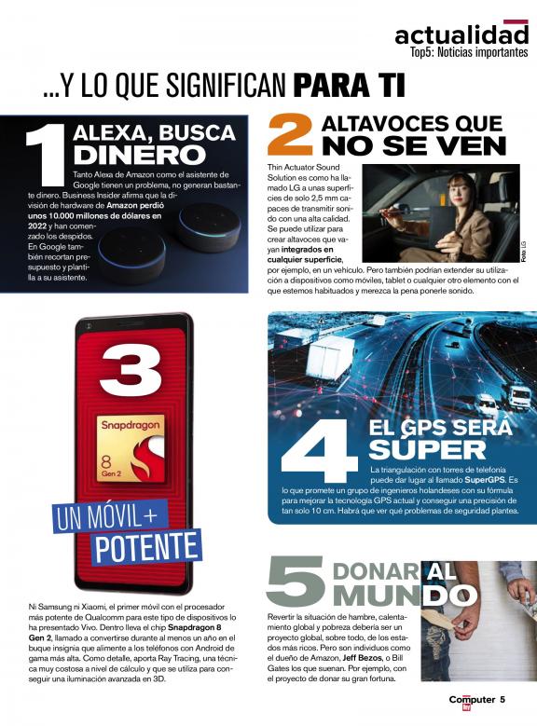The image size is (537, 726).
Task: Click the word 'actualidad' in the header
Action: coord(461,35)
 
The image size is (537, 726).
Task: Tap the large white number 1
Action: coord(47,154)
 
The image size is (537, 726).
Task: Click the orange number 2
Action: coord(291,136)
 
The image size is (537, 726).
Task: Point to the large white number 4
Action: coord(319,450)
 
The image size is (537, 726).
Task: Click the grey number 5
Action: coord(296,582)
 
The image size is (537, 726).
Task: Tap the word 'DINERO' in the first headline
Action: coord(140,155)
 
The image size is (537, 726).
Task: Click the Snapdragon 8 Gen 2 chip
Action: coord(130,448)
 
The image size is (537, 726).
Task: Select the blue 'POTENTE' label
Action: coord(146,548)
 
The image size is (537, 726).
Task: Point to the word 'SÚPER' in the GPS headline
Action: coord(427,448)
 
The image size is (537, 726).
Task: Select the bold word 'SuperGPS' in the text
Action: coord(485,480)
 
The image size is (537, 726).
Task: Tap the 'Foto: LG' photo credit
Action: coord(524,252)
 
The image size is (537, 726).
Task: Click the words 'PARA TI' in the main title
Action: coord(350,85)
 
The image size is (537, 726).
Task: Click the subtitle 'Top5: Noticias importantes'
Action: coord(469,52)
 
